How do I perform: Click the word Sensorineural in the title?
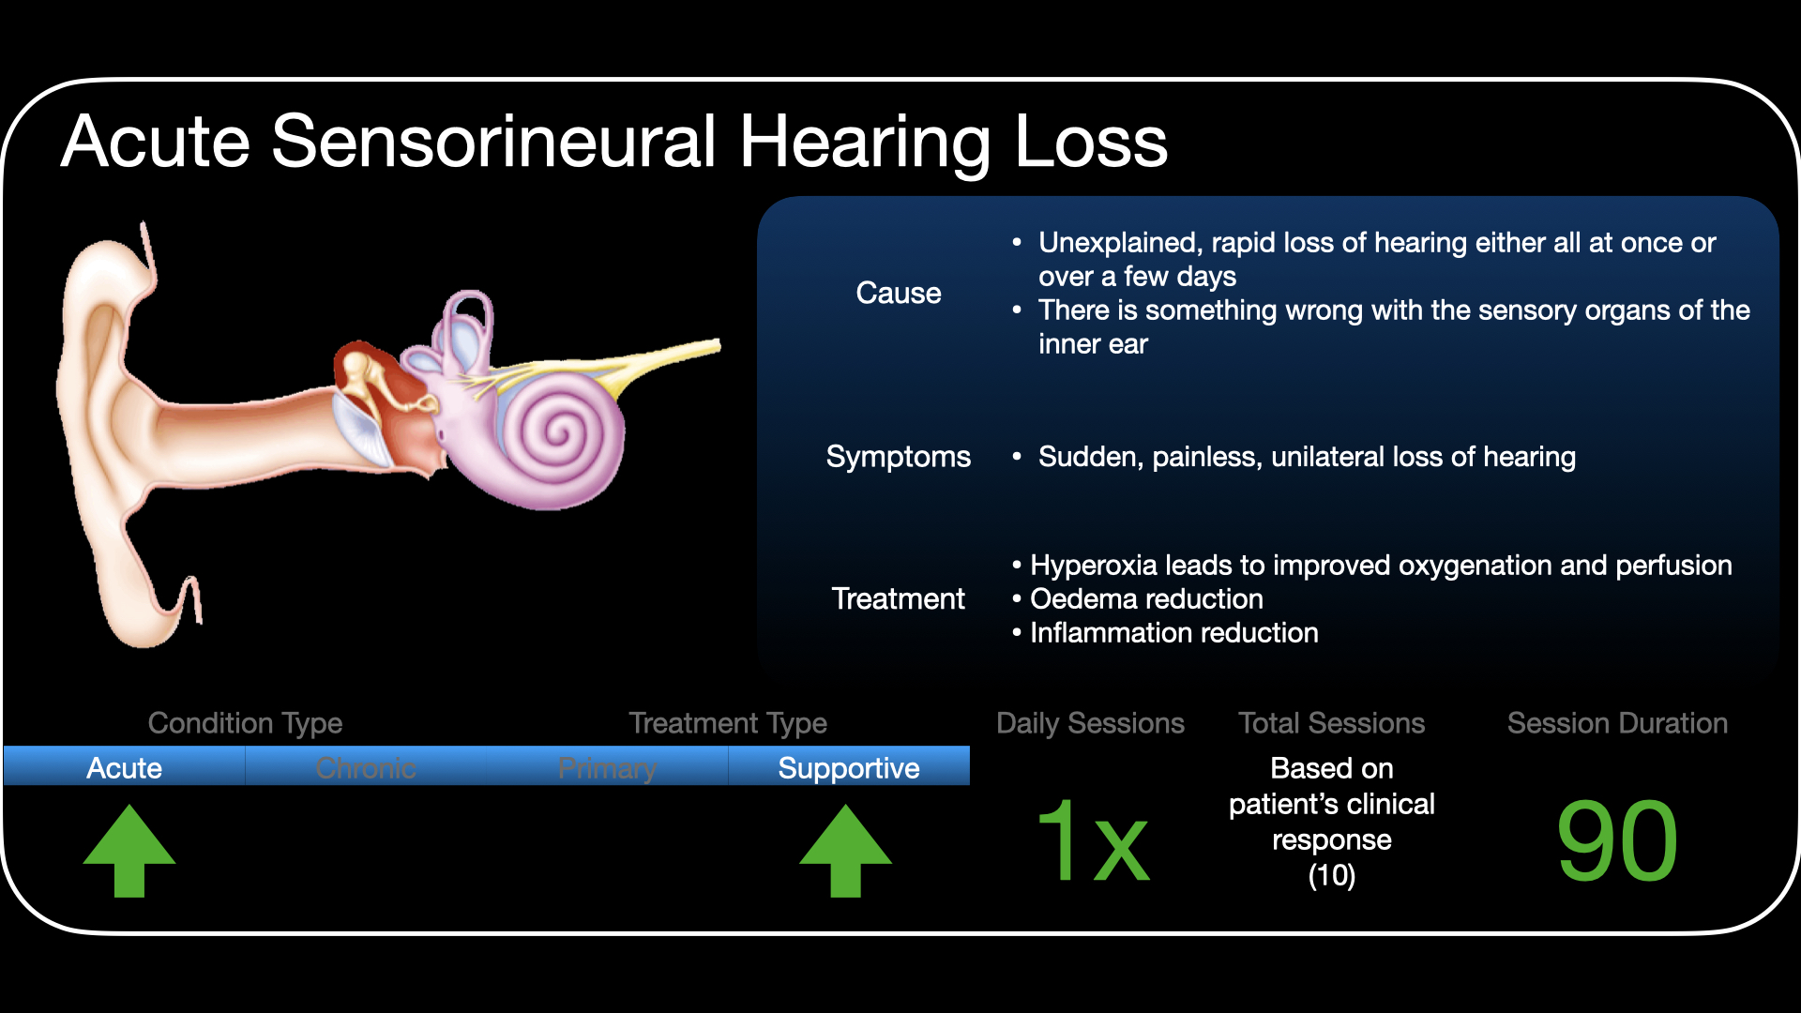(x=493, y=142)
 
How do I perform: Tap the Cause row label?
(x=898, y=293)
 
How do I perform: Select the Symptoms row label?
(x=898, y=457)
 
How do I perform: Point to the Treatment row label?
(x=898, y=598)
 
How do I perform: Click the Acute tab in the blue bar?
(x=124, y=767)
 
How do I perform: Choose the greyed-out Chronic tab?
(x=366, y=767)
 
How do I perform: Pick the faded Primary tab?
(x=607, y=767)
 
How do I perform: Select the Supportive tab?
(x=849, y=767)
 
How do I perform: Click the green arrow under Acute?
(x=129, y=850)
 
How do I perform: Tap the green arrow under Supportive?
(x=845, y=850)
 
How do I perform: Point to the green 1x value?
(x=1093, y=840)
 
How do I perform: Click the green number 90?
(x=1617, y=840)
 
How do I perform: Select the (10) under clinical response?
(x=1331, y=876)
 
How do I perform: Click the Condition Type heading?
(x=245, y=723)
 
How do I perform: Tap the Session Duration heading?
(x=1617, y=723)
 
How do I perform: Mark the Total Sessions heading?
(x=1331, y=723)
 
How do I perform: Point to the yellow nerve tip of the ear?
(x=717, y=346)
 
